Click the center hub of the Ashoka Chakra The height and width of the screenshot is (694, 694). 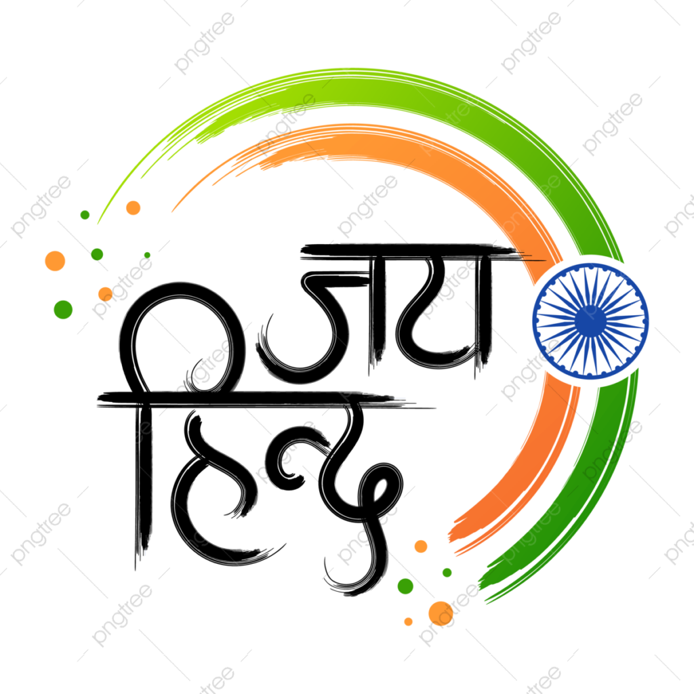tap(590, 321)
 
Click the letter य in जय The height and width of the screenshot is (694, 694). tap(443, 314)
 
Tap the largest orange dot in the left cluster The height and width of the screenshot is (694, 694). tap(56, 261)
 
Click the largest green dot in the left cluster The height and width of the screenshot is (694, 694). tap(63, 309)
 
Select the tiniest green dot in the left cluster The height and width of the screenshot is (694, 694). tap(147, 255)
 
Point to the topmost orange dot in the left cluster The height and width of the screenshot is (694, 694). tap(134, 207)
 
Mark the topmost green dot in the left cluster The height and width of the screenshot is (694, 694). tap(85, 215)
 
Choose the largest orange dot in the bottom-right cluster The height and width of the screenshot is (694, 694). tap(441, 613)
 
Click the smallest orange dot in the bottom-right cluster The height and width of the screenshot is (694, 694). tap(409, 622)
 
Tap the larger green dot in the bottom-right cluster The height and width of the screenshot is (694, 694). tap(405, 586)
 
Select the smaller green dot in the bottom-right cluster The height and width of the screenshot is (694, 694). tap(447, 573)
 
